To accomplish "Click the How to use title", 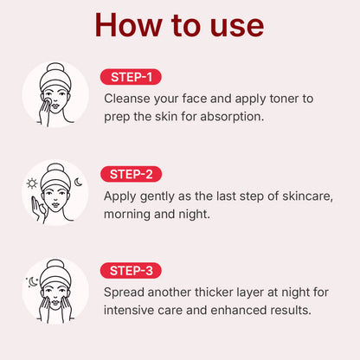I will (x=179, y=24).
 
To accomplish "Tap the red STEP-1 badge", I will (x=131, y=77).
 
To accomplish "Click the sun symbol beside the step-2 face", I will (x=32, y=183).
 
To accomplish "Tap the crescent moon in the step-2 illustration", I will (x=78, y=182).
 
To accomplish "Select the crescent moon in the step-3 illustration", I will (x=33, y=281).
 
